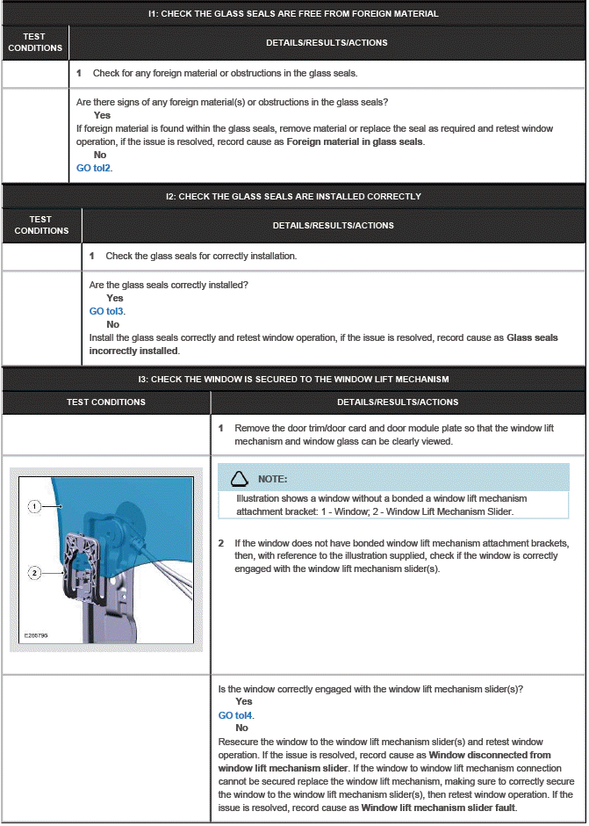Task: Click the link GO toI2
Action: (94, 168)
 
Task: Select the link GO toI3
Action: (106, 311)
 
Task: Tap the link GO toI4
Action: (235, 715)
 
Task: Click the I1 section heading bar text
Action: (293, 14)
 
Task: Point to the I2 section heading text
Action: (293, 196)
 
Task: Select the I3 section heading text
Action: (293, 380)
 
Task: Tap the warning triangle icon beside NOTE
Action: (238, 479)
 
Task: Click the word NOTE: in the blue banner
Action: (273, 479)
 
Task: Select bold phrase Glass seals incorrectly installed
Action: (323, 344)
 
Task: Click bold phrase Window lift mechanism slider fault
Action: (438, 807)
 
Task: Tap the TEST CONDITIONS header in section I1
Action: (35, 42)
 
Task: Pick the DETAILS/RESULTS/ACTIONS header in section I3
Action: (398, 402)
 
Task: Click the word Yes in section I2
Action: (115, 298)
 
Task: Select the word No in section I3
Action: (241, 728)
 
